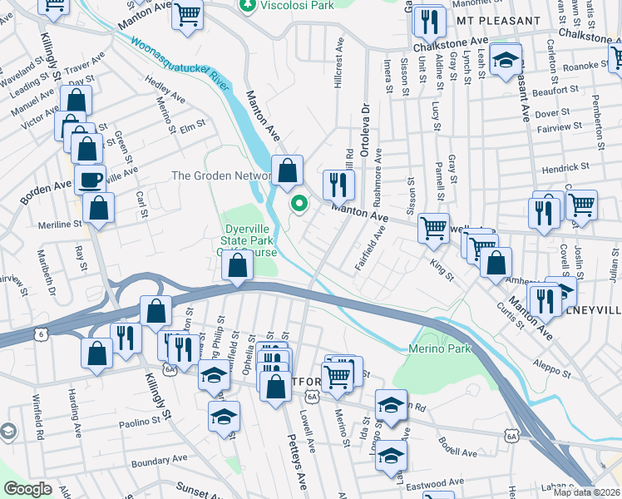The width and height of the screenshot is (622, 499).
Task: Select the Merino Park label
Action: [440, 348]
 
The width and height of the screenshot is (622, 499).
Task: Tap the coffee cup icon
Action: [90, 179]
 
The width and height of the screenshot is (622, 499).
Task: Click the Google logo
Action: [27, 489]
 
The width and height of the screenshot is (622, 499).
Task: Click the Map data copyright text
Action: [587, 492]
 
